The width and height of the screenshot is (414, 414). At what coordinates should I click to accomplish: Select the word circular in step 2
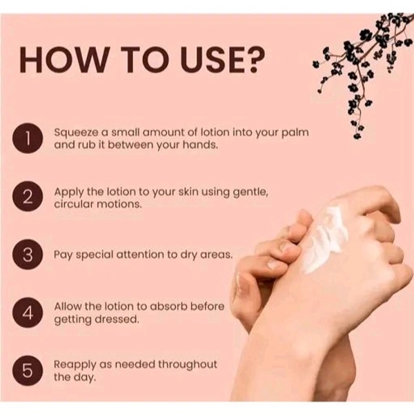click(x=72, y=204)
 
